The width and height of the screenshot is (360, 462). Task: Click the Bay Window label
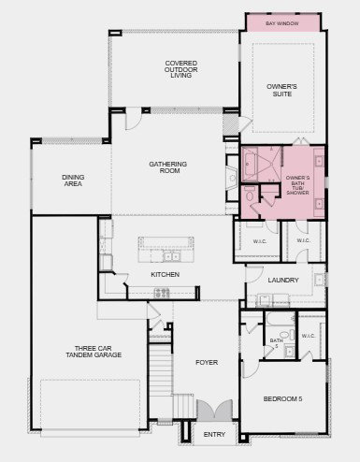coord(282,23)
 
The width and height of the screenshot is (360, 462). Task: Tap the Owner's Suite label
coord(281,90)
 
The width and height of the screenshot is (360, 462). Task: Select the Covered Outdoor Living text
coord(181,69)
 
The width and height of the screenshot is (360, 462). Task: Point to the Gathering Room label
coord(168,167)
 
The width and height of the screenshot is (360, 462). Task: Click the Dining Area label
coord(73,180)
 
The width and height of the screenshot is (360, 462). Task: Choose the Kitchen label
coord(166,274)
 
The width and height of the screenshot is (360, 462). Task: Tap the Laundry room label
coord(283,280)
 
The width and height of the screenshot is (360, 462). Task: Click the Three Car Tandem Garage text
coord(94,352)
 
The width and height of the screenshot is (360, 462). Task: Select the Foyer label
coord(207,362)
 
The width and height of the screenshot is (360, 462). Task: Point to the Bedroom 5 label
coord(282,398)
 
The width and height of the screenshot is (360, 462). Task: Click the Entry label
coord(214,434)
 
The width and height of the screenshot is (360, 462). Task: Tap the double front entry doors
coord(215,410)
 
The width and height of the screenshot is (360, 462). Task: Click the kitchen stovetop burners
coord(162,293)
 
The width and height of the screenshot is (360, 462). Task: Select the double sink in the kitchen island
coord(171,256)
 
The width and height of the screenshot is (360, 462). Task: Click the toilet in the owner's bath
coord(250,195)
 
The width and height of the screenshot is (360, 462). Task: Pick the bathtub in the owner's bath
coord(250,164)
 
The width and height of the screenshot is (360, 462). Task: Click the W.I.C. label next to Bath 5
coord(309,336)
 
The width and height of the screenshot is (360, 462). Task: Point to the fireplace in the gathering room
coord(232,178)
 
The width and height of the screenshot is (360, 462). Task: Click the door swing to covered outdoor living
coord(133,119)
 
